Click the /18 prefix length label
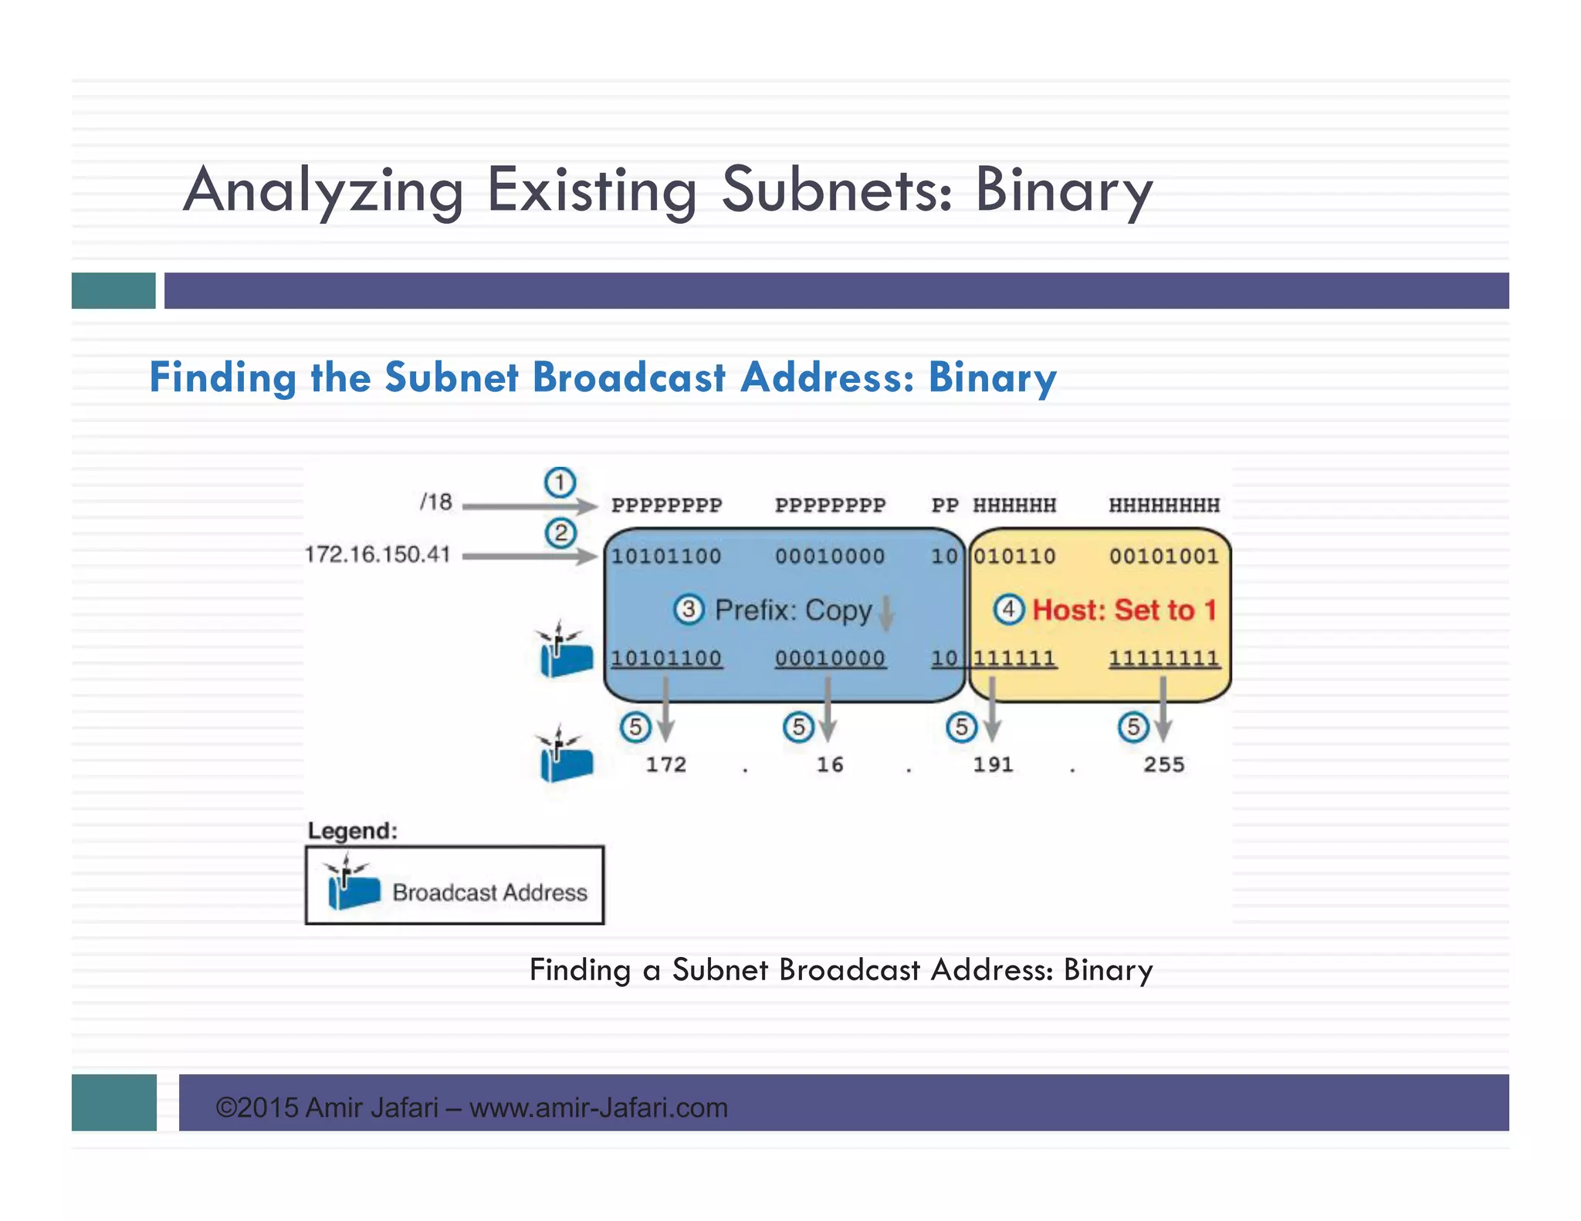click(x=436, y=502)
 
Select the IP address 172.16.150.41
click(x=377, y=554)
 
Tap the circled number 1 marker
click(x=560, y=482)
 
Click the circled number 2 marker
click(x=560, y=533)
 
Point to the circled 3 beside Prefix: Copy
click(x=689, y=610)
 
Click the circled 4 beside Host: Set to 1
click(x=1008, y=610)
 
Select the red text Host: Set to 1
click(x=1124, y=610)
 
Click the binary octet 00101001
click(x=1163, y=556)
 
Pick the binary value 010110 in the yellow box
click(x=1014, y=556)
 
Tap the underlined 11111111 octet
click(x=1164, y=658)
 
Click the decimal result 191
click(x=993, y=764)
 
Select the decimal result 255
click(x=1163, y=764)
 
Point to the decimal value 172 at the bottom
click(x=665, y=764)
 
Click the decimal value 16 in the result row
click(x=830, y=764)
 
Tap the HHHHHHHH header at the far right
click(x=1164, y=506)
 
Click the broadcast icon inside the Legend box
click(x=351, y=884)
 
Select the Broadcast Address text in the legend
click(x=489, y=892)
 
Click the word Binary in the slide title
click(x=1064, y=190)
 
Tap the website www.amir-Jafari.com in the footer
click(x=598, y=1108)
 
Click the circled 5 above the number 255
click(x=1132, y=727)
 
